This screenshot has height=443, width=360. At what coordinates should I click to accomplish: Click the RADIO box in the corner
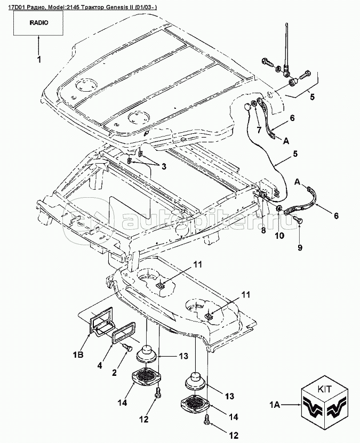click(38, 24)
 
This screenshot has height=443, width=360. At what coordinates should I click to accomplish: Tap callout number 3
click(164, 167)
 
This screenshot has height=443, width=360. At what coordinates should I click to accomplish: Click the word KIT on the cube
click(326, 389)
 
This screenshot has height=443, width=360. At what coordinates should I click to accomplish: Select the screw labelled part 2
click(126, 347)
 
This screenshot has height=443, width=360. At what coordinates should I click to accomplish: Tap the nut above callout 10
click(279, 208)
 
